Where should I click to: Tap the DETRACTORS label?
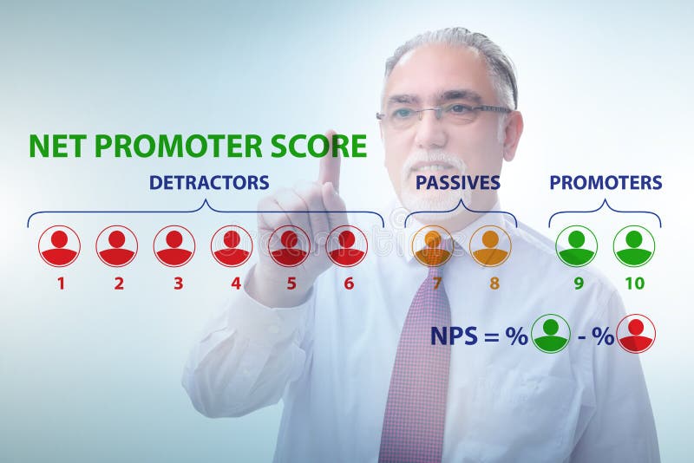[209, 183]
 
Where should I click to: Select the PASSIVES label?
[457, 183]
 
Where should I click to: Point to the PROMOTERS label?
[606, 183]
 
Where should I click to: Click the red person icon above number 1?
[59, 246]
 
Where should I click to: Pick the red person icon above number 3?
[174, 246]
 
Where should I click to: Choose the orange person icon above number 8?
[490, 246]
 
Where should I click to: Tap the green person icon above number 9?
[576, 246]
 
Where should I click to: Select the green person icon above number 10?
[634, 246]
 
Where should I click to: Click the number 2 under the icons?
[119, 284]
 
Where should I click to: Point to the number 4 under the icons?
[236, 284]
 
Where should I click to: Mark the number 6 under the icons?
[349, 284]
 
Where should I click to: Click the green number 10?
[634, 284]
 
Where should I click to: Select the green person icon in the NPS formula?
[550, 334]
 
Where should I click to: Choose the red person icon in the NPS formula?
[636, 334]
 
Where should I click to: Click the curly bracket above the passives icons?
[461, 211]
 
